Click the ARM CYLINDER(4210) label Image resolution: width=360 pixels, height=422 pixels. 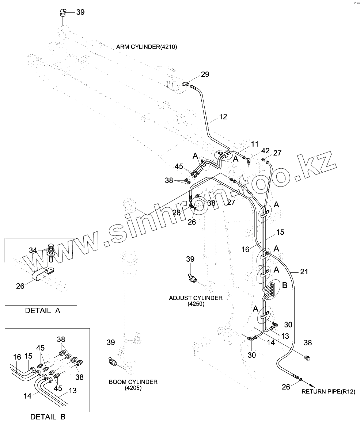[x=147, y=47]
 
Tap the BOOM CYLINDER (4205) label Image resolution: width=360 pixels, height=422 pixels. [x=133, y=385]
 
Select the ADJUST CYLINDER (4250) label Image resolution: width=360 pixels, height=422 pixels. [x=196, y=300]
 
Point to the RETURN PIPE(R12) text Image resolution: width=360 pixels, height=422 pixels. [x=328, y=392]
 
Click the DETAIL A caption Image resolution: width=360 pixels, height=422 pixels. [x=42, y=311]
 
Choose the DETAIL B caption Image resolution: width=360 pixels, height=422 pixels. [x=48, y=417]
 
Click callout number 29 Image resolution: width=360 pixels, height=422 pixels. [x=205, y=74]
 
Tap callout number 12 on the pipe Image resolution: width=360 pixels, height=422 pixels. [x=223, y=117]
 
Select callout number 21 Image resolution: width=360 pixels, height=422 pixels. [x=304, y=272]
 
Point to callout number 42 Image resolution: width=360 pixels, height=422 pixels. [x=265, y=150]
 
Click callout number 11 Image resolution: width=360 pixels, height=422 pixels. [x=254, y=143]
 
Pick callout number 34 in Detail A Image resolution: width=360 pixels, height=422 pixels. [x=33, y=250]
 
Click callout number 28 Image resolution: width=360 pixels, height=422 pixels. [x=177, y=212]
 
